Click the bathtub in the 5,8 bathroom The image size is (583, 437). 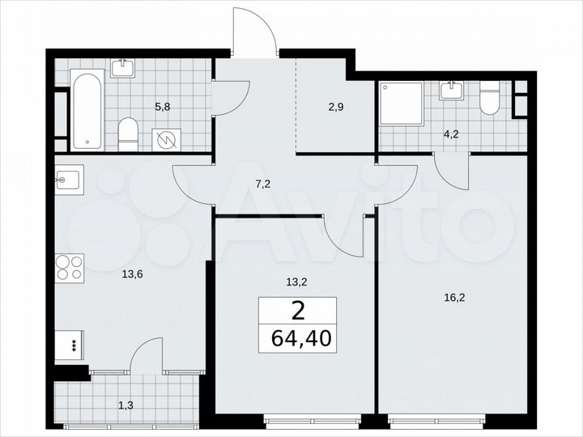87,111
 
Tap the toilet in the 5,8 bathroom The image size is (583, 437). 128,134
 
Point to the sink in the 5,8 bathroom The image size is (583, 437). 123,67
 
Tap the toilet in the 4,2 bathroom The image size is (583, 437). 490,99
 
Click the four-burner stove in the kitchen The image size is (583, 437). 70,267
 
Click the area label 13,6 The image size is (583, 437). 133,274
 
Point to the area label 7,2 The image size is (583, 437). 262,184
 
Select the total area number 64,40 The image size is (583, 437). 297,338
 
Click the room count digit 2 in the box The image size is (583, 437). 297,310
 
